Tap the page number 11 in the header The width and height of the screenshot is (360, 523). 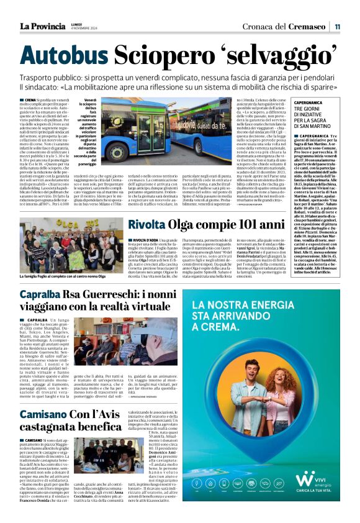click(x=337, y=26)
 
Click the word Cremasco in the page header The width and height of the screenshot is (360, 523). click(x=307, y=26)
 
